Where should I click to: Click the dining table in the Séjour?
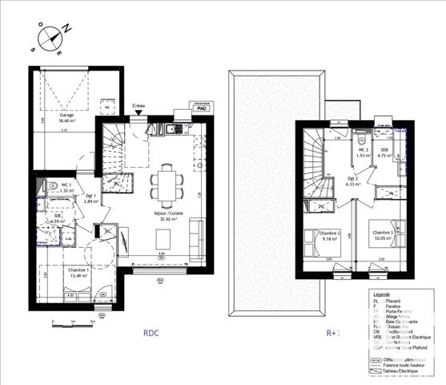[168, 184]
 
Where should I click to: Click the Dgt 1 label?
[89, 197]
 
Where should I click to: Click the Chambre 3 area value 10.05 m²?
[386, 238]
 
